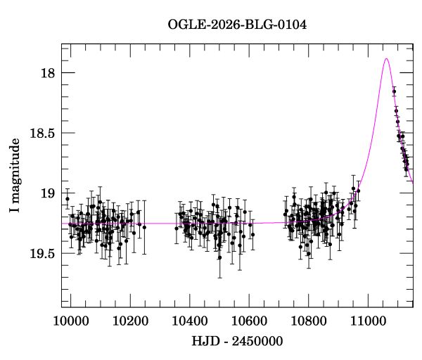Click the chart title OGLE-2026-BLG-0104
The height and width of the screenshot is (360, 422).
click(x=237, y=25)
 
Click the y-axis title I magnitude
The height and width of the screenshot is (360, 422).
click(x=15, y=175)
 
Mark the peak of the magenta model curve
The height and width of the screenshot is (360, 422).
click(x=386, y=59)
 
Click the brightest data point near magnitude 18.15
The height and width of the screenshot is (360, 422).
click(x=394, y=91)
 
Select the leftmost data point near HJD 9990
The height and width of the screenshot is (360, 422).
click(x=68, y=199)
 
